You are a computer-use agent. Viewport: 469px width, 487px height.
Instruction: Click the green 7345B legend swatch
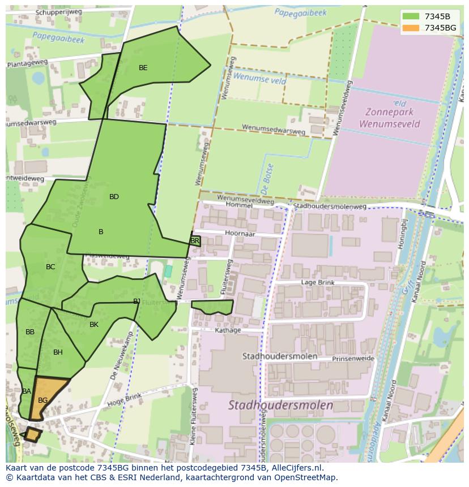click(411, 16)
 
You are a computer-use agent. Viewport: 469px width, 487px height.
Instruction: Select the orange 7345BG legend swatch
click(411, 28)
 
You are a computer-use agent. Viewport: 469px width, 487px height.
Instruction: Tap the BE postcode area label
click(143, 68)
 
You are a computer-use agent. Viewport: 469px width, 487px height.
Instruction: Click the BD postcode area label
click(114, 197)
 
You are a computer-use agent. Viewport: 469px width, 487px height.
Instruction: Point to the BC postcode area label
click(50, 267)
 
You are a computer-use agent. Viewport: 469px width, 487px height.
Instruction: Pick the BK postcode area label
click(94, 325)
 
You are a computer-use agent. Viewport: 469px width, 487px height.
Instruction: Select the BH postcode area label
click(58, 352)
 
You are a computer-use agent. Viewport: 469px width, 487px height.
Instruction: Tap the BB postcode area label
click(30, 332)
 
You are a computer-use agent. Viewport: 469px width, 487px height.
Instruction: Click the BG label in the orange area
click(42, 400)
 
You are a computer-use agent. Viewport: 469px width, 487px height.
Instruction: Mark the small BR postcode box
click(195, 241)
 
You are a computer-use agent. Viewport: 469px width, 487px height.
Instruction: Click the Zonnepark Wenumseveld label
click(390, 118)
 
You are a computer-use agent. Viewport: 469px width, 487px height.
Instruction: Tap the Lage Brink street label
click(318, 282)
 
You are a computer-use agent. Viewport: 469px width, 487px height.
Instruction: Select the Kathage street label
click(228, 330)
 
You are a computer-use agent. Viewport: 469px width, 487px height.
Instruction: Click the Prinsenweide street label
click(353, 359)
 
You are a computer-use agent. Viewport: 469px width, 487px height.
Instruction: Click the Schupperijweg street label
click(59, 12)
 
